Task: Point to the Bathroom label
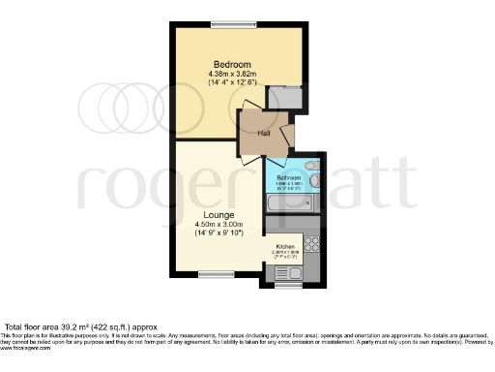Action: (288, 178)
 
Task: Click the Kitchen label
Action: (284, 246)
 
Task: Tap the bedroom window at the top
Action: (232, 25)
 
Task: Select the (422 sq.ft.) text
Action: (113, 326)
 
